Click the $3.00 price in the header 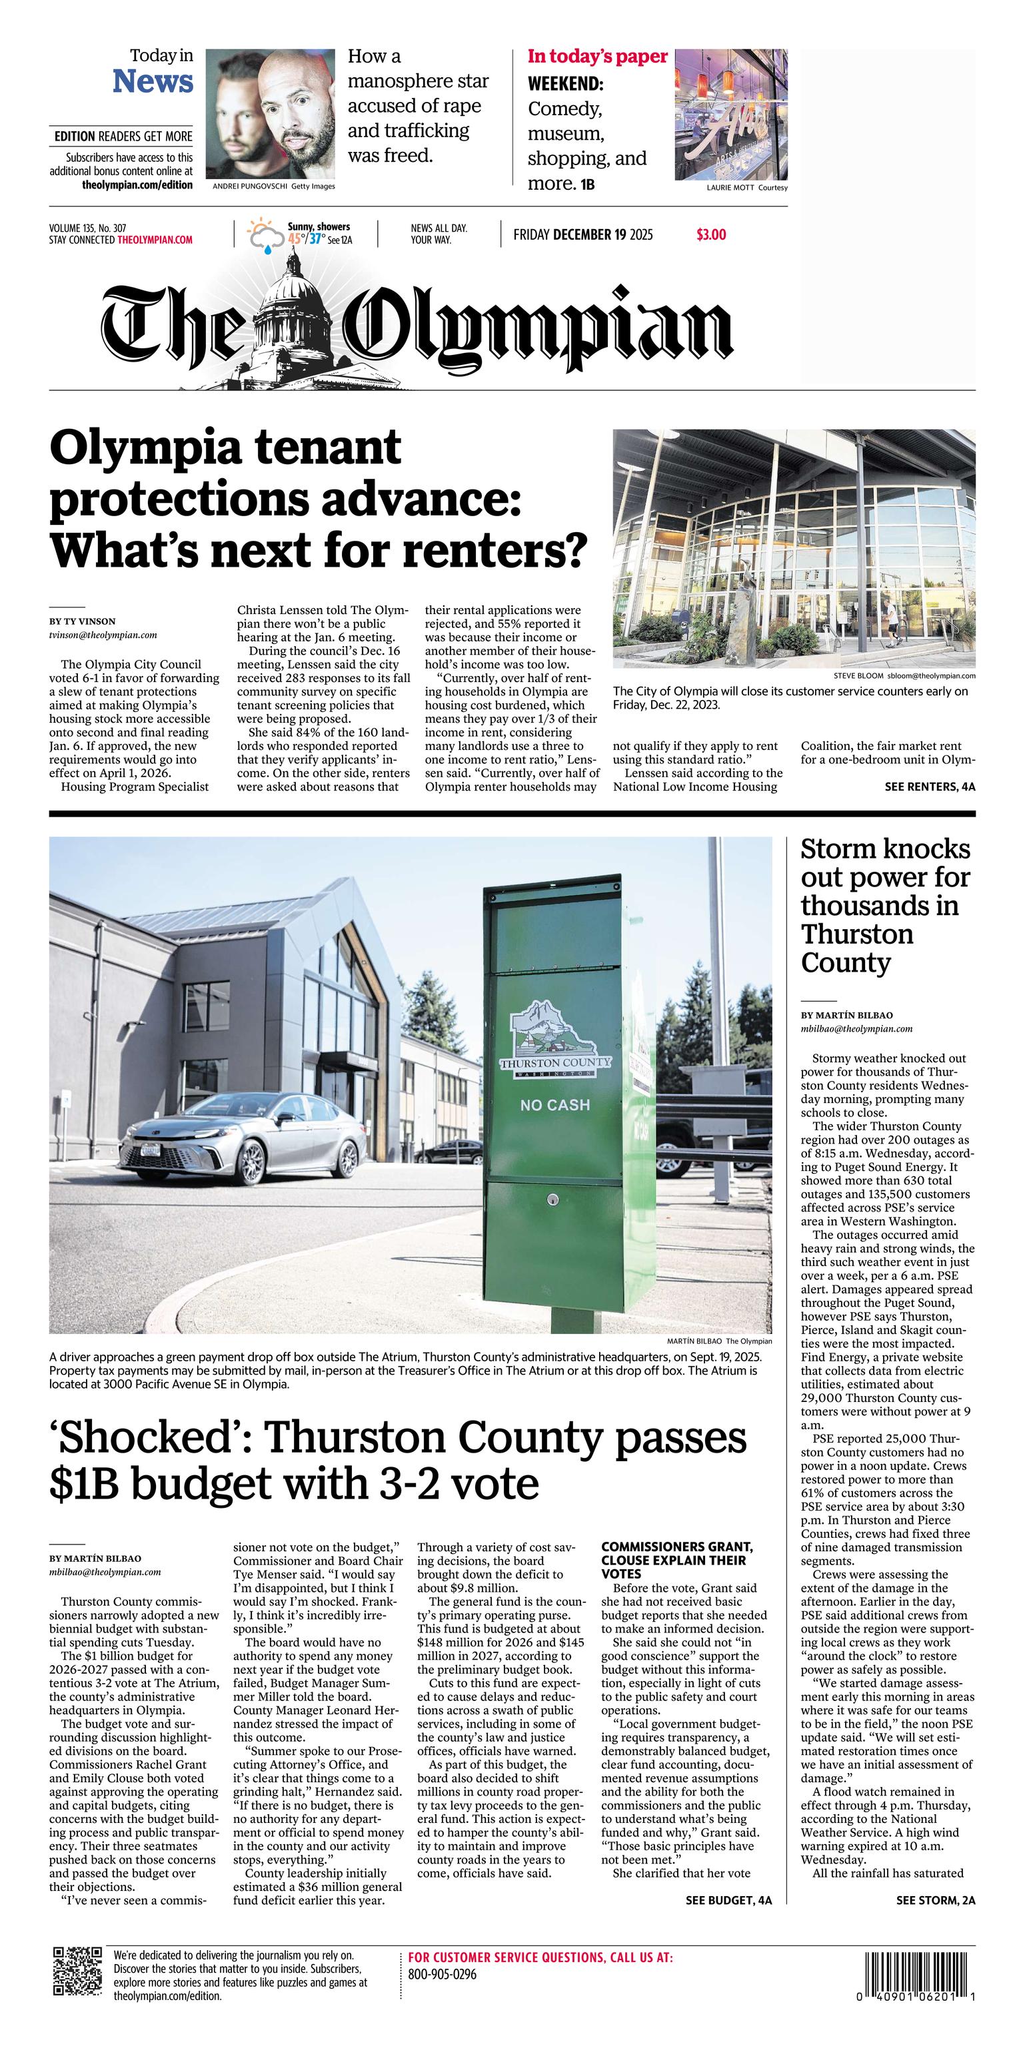[710, 234]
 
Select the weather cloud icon [264, 235]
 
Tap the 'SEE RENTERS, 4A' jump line [929, 786]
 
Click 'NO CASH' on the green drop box [554, 1104]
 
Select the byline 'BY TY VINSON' [82, 621]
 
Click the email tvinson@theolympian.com [103, 635]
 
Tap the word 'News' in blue [153, 81]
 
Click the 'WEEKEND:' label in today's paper [564, 84]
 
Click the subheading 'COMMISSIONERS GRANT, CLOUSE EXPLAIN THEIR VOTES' [676, 1560]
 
